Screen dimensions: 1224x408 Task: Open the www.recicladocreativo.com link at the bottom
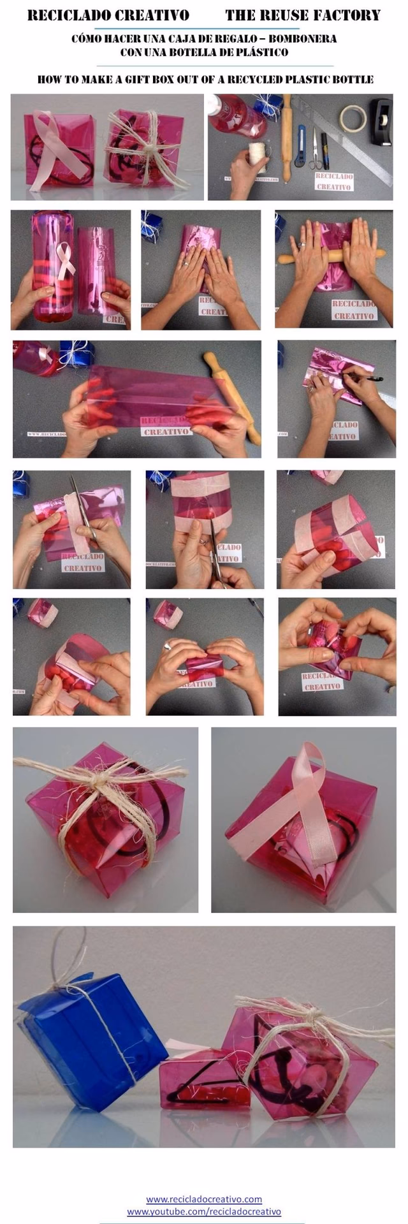204,1198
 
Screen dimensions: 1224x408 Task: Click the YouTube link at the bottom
204,1211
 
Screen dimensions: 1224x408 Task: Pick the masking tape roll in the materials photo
352,118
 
